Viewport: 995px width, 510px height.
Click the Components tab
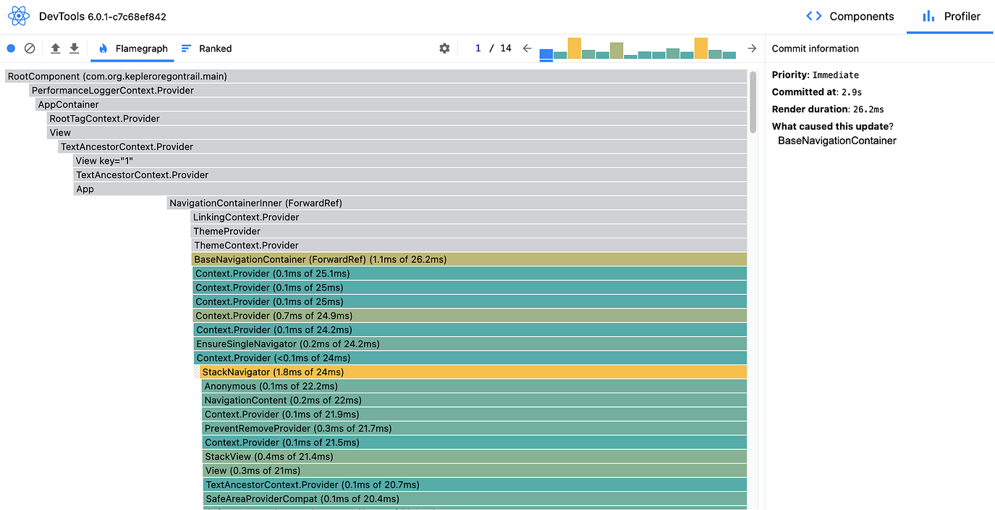850,17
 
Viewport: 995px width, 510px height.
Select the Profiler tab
952,17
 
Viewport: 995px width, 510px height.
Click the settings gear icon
444,49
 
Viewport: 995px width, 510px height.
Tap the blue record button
11,49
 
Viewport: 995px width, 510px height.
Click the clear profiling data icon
30,49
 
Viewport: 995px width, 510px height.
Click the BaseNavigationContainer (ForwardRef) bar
469,259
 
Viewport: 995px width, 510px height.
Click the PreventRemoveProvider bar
474,428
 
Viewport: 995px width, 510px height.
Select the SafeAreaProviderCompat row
474,498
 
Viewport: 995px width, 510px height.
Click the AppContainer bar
391,104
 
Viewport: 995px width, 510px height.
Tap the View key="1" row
409,161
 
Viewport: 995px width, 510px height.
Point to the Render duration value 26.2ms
868,109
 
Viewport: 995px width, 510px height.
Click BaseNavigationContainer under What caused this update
837,141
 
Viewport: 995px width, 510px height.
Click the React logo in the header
19,16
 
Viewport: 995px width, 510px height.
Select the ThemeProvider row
469,231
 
